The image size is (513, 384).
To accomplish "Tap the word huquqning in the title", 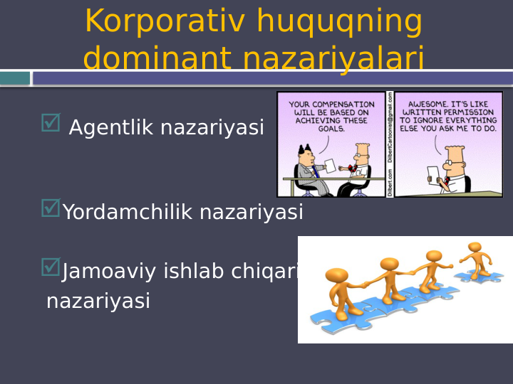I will click(x=339, y=22).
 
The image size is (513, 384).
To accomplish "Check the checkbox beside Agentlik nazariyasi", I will click(x=51, y=122).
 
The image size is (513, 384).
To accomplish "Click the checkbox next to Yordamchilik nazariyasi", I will click(x=51, y=208).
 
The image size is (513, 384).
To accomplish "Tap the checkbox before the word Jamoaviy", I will click(x=51, y=267).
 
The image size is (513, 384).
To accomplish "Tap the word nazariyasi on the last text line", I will click(x=98, y=302).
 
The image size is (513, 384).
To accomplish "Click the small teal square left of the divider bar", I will click(x=14, y=78).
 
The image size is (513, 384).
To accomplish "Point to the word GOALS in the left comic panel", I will click(x=331, y=129).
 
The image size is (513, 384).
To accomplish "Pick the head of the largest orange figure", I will click(x=336, y=275).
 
